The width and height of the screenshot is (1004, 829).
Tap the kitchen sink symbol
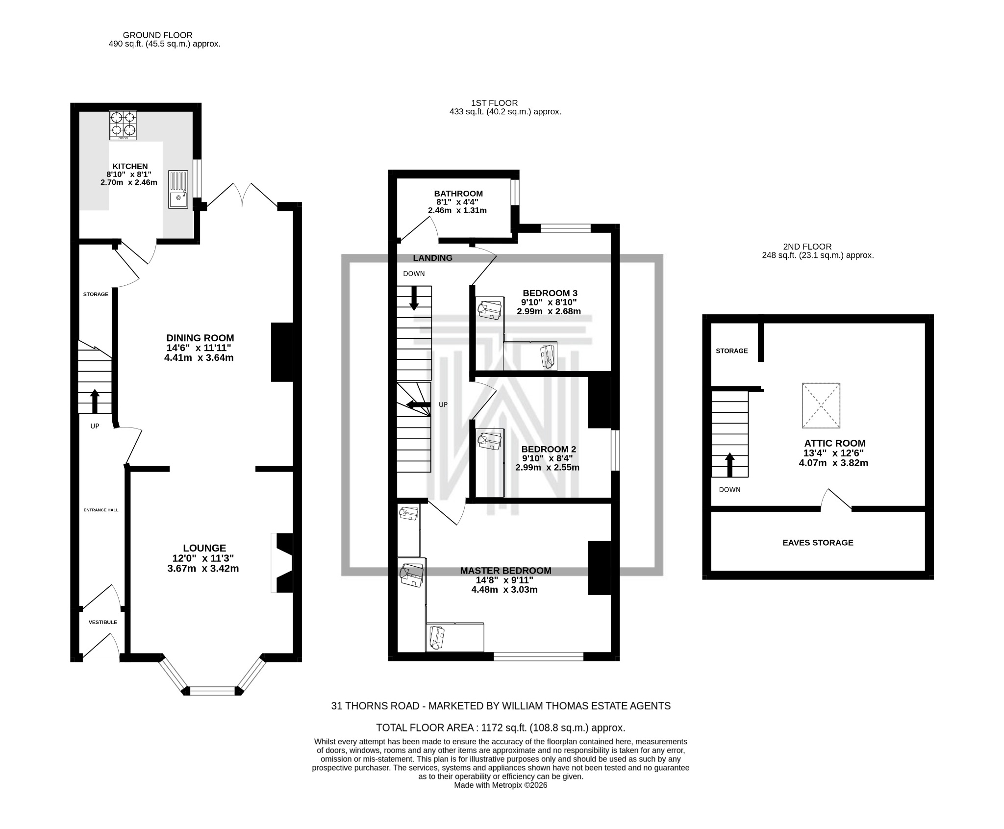178,189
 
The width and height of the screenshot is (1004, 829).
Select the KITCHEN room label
130,167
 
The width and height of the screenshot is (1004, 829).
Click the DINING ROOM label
200,338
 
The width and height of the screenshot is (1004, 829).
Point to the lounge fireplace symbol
283,563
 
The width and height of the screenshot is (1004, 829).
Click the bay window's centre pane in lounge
213,691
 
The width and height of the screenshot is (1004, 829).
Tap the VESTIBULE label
103,622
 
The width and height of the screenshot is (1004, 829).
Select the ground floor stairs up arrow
95,402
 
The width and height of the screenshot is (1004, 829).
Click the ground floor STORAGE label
96,294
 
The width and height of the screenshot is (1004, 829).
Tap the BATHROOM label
458,194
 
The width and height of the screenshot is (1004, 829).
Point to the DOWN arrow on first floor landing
414,298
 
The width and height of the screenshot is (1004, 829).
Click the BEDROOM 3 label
550,293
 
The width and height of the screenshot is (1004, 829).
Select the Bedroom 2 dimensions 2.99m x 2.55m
547,468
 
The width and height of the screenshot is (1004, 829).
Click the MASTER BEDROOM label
505,571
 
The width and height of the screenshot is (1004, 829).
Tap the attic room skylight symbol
821,405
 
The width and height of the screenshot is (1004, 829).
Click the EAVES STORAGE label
818,543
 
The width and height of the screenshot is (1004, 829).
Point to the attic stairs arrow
729,465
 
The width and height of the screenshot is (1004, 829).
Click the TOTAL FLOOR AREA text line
501,728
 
